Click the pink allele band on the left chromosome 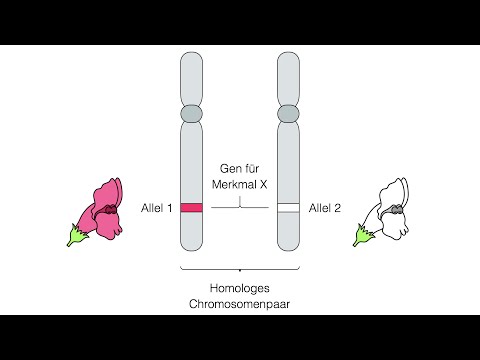point(191,207)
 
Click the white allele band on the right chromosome point(288,207)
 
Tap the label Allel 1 point(157,207)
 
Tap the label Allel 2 point(325,207)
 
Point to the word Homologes point(240,287)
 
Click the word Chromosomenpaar point(240,303)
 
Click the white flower point(391,211)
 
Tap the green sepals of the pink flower point(76,235)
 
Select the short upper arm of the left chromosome point(191,80)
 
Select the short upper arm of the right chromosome point(288,80)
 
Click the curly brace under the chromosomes point(240,269)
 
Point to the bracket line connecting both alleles point(240,207)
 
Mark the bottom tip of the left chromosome point(191,249)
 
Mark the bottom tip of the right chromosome point(288,249)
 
